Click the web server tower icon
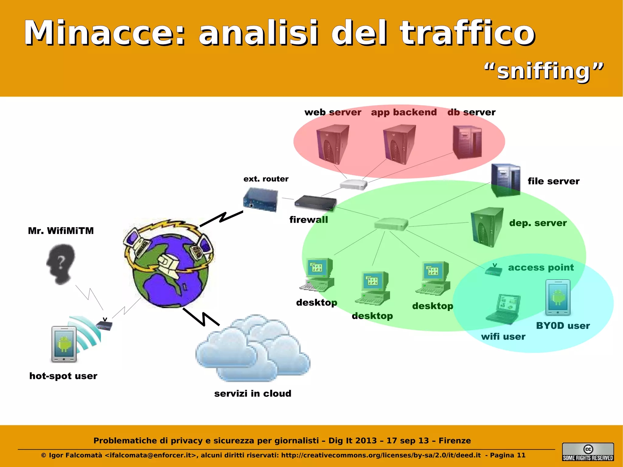[332, 145]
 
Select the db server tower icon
[467, 142]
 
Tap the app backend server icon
[399, 145]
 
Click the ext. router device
[260, 199]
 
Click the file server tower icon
[506, 180]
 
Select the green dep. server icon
[487, 227]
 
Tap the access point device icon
[493, 270]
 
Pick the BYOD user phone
[558, 298]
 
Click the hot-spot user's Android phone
[64, 344]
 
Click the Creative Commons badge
[588, 452]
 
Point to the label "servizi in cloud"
[252, 394]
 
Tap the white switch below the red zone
[353, 184]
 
